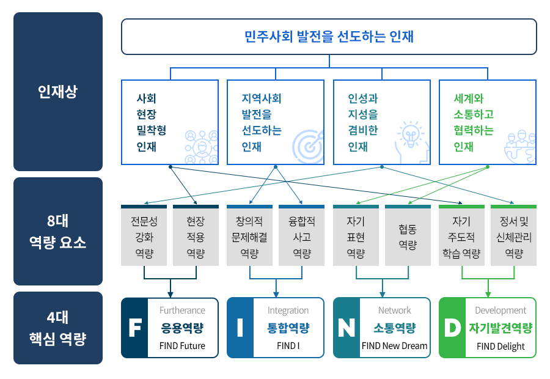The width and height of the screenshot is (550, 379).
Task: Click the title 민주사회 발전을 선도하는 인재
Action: coord(329,37)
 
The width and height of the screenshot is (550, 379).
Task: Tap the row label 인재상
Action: coord(57,92)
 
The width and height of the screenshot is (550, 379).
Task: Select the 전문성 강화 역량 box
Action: coord(144,237)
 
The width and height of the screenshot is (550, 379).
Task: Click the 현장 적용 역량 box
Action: coord(196,237)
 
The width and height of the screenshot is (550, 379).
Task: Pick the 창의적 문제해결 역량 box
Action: coord(249,237)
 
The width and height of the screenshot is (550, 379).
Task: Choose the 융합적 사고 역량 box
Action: coord(302,237)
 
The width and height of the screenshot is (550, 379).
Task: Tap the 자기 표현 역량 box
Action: coord(356,237)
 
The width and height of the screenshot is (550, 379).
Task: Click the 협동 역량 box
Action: coord(408,237)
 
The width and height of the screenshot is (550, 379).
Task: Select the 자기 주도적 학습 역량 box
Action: coord(461,237)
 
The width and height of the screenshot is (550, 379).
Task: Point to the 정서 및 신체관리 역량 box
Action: coord(514,237)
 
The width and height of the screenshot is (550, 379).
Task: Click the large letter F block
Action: coord(134,328)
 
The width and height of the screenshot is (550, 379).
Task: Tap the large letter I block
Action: coord(240,328)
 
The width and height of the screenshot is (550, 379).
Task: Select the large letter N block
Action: coord(346,328)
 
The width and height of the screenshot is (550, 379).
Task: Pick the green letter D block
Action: coord(452,328)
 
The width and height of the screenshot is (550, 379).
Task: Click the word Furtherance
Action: coord(182,311)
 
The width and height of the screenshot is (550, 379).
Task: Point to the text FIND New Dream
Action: coord(395,346)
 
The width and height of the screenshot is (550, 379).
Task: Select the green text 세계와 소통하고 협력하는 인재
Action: coord(474,122)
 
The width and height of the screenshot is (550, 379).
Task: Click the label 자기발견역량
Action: coord(501,328)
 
